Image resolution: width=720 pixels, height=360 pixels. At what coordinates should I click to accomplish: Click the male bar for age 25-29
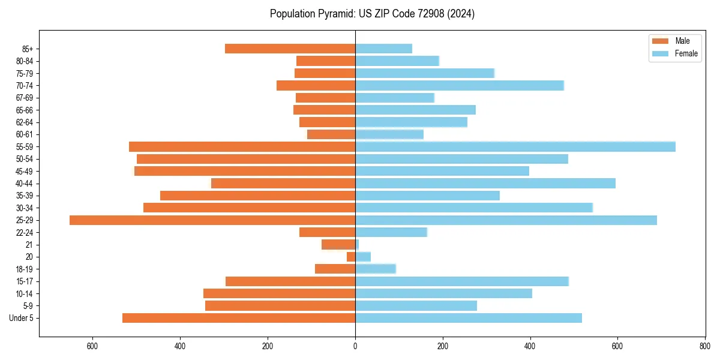[x=212, y=220]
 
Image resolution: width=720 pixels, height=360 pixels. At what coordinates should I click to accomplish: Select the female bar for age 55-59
[x=515, y=147]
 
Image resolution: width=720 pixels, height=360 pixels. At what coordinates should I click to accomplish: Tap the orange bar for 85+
[x=290, y=49]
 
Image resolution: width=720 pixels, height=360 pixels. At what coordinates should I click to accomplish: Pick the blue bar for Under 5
[x=469, y=318]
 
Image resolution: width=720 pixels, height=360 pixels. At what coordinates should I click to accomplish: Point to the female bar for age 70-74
[x=460, y=86]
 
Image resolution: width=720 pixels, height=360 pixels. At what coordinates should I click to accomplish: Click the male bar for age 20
[x=351, y=257]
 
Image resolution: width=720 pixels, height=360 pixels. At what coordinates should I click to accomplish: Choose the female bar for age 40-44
[x=485, y=184]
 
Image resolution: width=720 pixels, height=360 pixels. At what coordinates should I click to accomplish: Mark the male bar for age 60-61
[x=331, y=134]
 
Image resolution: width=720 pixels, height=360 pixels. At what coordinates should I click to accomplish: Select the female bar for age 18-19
[x=376, y=269]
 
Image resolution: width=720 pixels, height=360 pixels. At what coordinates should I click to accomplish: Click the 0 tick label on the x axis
[x=355, y=346]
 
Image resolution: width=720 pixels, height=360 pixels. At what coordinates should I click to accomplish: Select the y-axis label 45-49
[x=24, y=172]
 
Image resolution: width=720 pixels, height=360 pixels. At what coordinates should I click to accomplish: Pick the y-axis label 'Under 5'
[x=22, y=318]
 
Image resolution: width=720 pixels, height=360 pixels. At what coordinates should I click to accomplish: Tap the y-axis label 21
[x=29, y=245]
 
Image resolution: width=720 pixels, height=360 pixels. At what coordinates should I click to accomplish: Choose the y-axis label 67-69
[x=24, y=98]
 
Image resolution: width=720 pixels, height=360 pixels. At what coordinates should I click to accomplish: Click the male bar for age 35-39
[x=257, y=196]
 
